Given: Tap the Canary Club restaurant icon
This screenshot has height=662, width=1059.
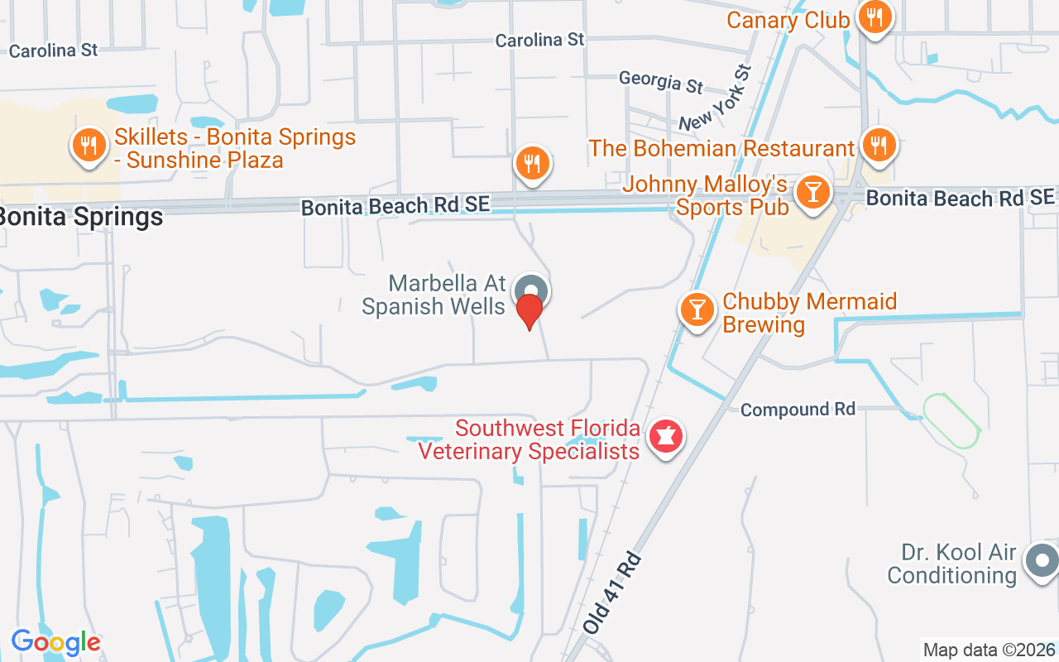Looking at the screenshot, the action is (874, 16).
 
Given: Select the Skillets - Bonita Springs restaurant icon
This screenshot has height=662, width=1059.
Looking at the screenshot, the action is (88, 146).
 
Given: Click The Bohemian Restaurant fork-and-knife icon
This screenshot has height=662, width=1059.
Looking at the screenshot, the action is (879, 146).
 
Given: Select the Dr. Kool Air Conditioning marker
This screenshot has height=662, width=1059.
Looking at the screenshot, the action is (1041, 561).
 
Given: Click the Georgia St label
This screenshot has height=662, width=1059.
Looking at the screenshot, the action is (661, 81).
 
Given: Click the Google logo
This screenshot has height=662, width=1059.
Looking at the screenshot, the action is (55, 642).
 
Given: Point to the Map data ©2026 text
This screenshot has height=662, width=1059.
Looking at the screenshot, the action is (989, 650).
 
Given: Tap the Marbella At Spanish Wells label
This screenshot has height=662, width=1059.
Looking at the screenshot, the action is (434, 295).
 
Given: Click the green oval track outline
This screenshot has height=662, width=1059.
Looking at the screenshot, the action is (951, 420).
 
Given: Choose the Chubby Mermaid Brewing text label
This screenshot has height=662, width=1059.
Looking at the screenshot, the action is (809, 313).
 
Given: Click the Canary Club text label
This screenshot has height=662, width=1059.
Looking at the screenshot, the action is (788, 20).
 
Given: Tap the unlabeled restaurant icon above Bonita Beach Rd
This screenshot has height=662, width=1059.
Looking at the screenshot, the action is (533, 162).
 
